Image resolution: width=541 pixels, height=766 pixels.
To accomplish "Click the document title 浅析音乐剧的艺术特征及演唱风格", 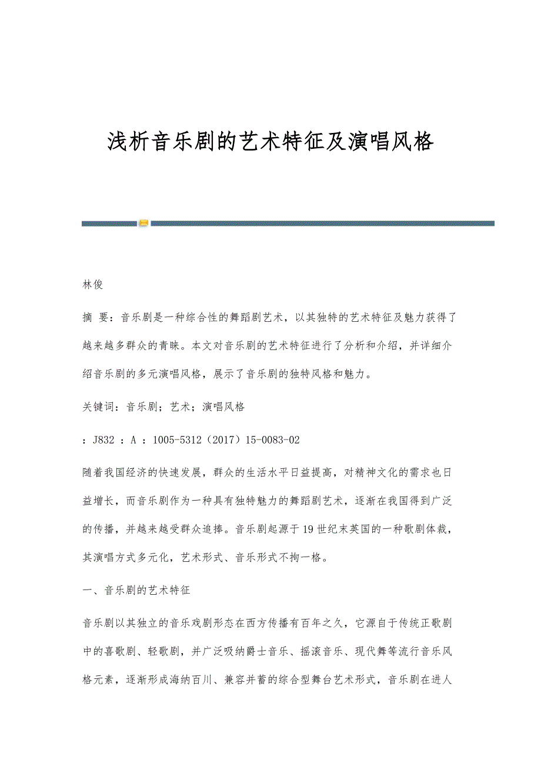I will coord(270,142).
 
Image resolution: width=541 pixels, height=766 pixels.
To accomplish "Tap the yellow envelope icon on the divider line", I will coord(144,223).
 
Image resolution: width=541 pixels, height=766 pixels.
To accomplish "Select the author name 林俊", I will coord(93,285).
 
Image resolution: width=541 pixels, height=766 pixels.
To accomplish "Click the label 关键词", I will coord(99,407).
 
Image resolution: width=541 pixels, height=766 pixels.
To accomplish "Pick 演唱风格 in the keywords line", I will coord(223,407).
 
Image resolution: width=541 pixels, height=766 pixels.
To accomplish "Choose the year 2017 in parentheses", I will coord(222,439).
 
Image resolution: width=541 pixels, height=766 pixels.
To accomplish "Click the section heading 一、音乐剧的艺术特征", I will coord(136,589).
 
